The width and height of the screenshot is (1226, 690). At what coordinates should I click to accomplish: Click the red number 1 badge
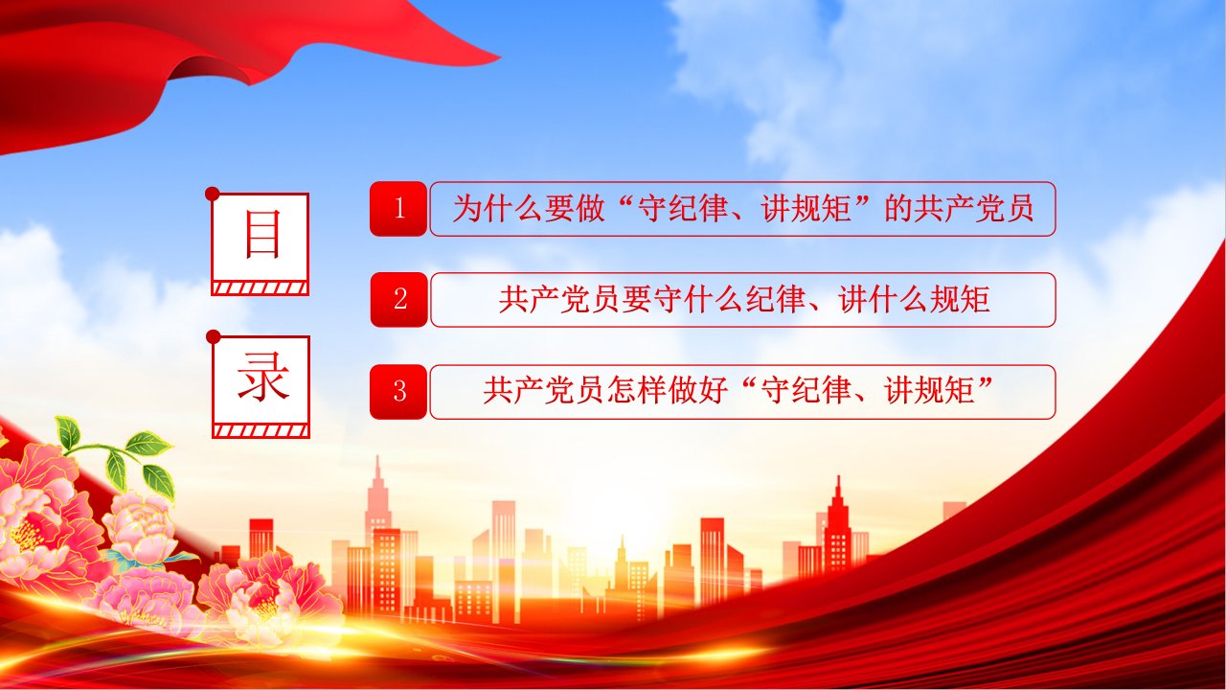398,209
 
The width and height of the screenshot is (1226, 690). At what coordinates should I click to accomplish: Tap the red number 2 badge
398,300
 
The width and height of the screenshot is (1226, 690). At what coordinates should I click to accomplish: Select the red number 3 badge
398,392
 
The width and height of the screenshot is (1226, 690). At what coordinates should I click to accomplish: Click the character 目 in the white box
262,235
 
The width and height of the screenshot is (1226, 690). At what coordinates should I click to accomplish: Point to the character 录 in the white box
262,378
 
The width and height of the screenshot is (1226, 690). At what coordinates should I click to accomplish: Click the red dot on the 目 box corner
213,194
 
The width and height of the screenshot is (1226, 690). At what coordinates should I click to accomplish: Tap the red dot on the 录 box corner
214,336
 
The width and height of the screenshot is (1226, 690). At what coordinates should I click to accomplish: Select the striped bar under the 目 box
260,288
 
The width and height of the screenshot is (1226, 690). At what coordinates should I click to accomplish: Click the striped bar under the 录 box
261,431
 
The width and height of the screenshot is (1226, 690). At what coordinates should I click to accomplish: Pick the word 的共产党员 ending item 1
959,208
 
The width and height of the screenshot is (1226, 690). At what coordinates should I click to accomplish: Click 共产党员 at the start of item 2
558,300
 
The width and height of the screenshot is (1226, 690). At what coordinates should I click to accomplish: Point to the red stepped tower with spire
837,526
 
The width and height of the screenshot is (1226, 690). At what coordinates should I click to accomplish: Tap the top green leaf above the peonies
68,432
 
